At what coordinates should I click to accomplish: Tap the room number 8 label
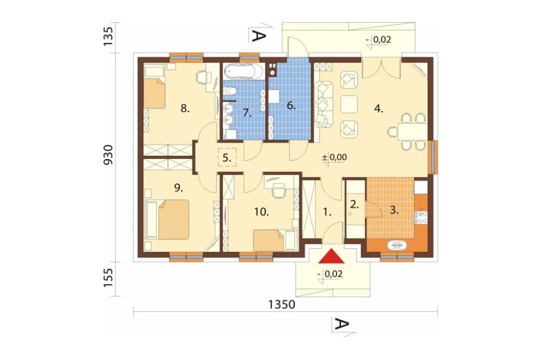point(185,109)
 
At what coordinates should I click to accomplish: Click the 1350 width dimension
point(282,305)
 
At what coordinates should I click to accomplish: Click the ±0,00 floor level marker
point(334,158)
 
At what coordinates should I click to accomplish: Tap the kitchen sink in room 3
point(397,245)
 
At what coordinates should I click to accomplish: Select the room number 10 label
point(262,212)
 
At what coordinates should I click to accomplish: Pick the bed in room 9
point(174,219)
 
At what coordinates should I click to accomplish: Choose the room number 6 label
point(292,105)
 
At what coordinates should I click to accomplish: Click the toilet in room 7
point(230,91)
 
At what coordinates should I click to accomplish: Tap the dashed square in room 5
point(227,157)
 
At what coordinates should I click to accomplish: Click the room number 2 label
point(355,204)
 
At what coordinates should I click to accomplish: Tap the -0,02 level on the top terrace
point(380,39)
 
